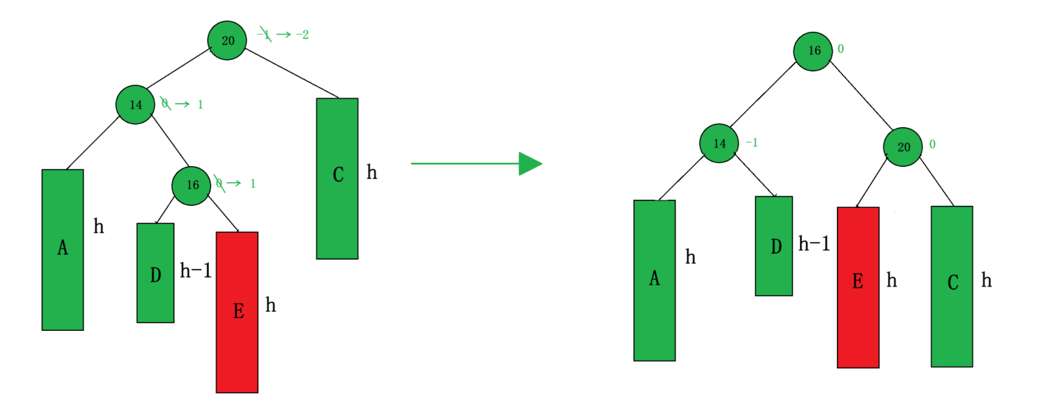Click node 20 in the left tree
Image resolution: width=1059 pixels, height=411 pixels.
(227, 40)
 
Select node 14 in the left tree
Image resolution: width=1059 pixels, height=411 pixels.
(135, 104)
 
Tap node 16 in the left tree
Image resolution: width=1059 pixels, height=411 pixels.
(191, 185)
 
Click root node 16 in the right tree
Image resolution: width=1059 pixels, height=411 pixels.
(813, 51)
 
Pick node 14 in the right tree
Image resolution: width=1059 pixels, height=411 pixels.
(719, 143)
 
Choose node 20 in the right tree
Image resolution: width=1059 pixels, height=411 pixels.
(903, 147)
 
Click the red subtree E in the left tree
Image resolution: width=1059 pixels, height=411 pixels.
(237, 312)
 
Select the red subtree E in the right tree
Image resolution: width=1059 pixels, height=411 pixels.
(858, 287)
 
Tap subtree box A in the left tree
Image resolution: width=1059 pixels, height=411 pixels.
(63, 250)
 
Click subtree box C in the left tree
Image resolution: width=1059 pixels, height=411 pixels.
(337, 178)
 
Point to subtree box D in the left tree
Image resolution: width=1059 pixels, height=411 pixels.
(155, 273)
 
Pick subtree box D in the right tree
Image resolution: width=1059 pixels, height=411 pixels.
(774, 246)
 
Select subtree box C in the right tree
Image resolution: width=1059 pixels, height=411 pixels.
(952, 286)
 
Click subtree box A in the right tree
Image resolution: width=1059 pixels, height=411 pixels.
(654, 280)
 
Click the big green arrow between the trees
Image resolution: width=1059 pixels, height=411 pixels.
(476, 164)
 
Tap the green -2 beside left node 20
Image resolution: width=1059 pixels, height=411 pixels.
(302, 35)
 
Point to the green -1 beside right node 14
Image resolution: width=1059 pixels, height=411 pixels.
(752, 143)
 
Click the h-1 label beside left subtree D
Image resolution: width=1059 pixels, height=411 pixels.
(196, 270)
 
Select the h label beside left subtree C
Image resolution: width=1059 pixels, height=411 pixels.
(372, 172)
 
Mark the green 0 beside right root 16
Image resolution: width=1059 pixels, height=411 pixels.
(841, 49)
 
